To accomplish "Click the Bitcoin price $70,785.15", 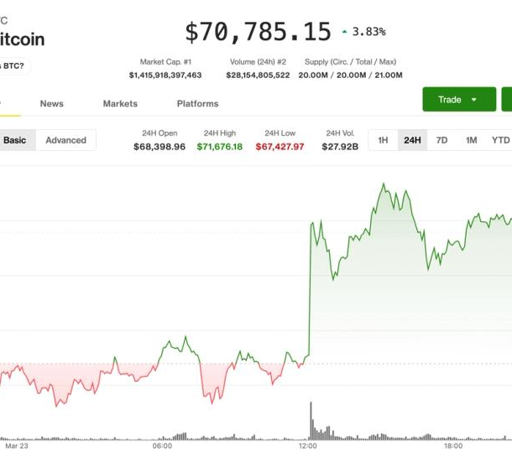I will [258, 32].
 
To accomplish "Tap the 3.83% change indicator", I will [363, 32].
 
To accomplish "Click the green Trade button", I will [458, 99].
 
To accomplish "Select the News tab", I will [51, 104].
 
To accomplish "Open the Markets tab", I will [120, 104].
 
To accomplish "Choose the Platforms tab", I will [197, 104].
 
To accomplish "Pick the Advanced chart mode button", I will [65, 140].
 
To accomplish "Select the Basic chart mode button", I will [15, 140].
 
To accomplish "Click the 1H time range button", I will [383, 140].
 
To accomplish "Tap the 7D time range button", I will [441, 140].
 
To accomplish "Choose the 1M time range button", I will [471, 140].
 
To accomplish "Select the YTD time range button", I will [500, 140].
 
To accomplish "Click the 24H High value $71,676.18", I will [220, 147].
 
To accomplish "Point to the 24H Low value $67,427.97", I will [280, 147].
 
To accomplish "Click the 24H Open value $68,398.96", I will [159, 147].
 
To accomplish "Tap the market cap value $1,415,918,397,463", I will [165, 75].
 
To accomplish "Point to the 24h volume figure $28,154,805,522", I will [258, 75].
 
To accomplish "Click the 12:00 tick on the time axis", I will [308, 446].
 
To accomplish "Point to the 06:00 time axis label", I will [162, 446].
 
